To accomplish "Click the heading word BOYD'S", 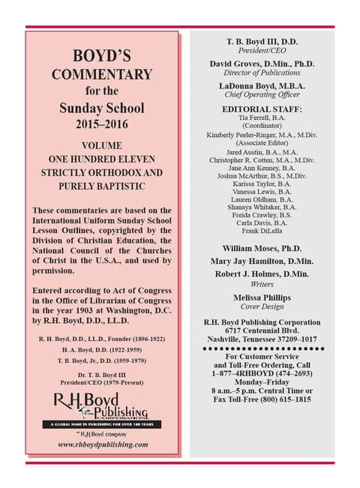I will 100,56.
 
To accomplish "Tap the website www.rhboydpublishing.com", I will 102,445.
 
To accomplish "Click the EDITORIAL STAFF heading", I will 259,109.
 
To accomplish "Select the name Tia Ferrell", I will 259,118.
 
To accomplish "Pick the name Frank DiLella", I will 259,232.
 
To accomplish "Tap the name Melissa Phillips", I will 259,297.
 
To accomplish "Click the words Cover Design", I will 259,307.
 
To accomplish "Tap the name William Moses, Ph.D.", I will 259,247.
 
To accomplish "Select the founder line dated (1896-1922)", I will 102,318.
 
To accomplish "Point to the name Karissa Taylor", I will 259,183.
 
